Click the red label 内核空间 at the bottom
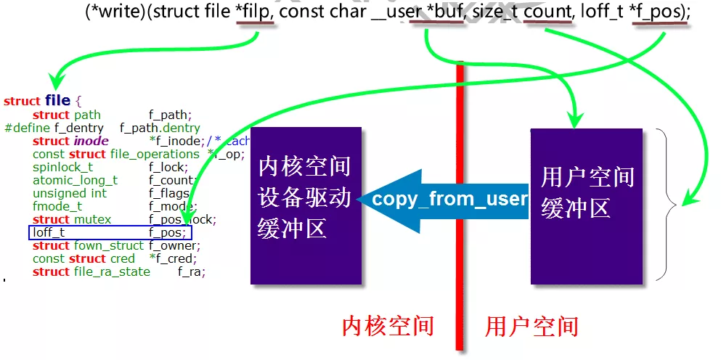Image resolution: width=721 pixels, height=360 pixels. (x=388, y=326)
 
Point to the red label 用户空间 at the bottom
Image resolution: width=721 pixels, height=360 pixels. (x=531, y=326)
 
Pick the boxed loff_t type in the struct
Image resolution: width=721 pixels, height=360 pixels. (x=49, y=233)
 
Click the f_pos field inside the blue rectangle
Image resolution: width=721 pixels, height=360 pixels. (x=168, y=233)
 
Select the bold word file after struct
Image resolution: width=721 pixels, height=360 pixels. (x=57, y=101)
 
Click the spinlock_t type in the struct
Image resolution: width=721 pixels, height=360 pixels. (x=62, y=167)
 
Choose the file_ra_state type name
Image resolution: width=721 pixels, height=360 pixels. (x=111, y=271)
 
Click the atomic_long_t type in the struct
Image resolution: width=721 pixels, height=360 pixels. (x=75, y=180)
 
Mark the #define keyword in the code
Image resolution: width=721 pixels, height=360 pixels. (x=28, y=128)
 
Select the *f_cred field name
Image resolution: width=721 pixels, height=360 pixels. (x=173, y=258)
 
